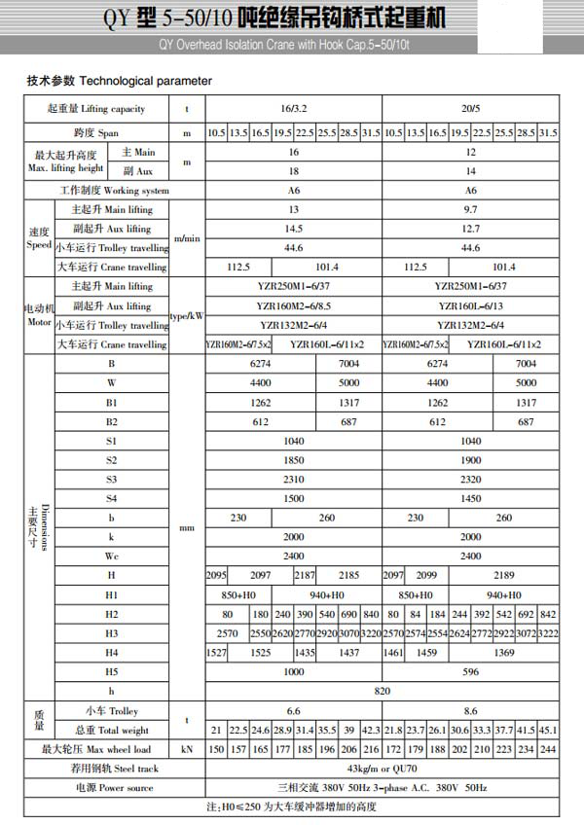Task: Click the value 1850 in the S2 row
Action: [x=293, y=459]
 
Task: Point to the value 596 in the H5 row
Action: [x=471, y=670]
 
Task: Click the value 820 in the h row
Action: [x=382, y=690]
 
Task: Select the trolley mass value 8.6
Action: [x=471, y=711]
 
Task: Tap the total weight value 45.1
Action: [x=549, y=730]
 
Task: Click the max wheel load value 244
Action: [x=549, y=749]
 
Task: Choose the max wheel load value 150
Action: [x=215, y=749]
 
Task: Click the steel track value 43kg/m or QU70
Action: [x=382, y=770]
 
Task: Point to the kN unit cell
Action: [x=187, y=749]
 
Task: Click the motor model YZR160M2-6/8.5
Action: [x=293, y=305]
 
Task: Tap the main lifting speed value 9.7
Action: [x=471, y=209]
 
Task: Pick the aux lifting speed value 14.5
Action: [x=293, y=229]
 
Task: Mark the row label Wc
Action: [x=112, y=556]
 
